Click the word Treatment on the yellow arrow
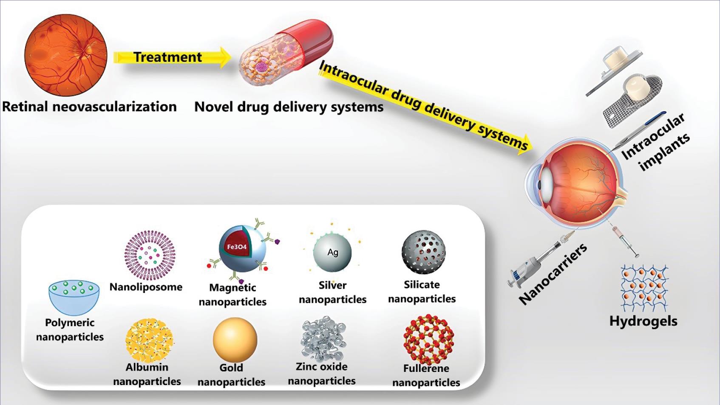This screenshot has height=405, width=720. coord(167,57)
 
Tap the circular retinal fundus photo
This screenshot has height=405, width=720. coord(66,55)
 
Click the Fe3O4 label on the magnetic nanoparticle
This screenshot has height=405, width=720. coord(237,247)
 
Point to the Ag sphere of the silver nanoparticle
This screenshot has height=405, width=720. coord(332,252)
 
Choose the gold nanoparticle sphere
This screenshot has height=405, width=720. coord(235,340)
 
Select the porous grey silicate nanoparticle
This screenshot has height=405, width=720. coord(423,252)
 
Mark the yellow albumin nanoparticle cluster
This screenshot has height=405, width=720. coord(149,340)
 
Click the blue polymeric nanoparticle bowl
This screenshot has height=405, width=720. coord(74,297)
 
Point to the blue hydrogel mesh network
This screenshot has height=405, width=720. coord(644,288)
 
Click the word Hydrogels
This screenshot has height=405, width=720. coord(643,321)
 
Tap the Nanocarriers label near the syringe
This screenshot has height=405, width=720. coord(553,274)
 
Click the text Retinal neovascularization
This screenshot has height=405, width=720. coord(89,107)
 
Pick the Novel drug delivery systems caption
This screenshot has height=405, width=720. coord(289,107)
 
